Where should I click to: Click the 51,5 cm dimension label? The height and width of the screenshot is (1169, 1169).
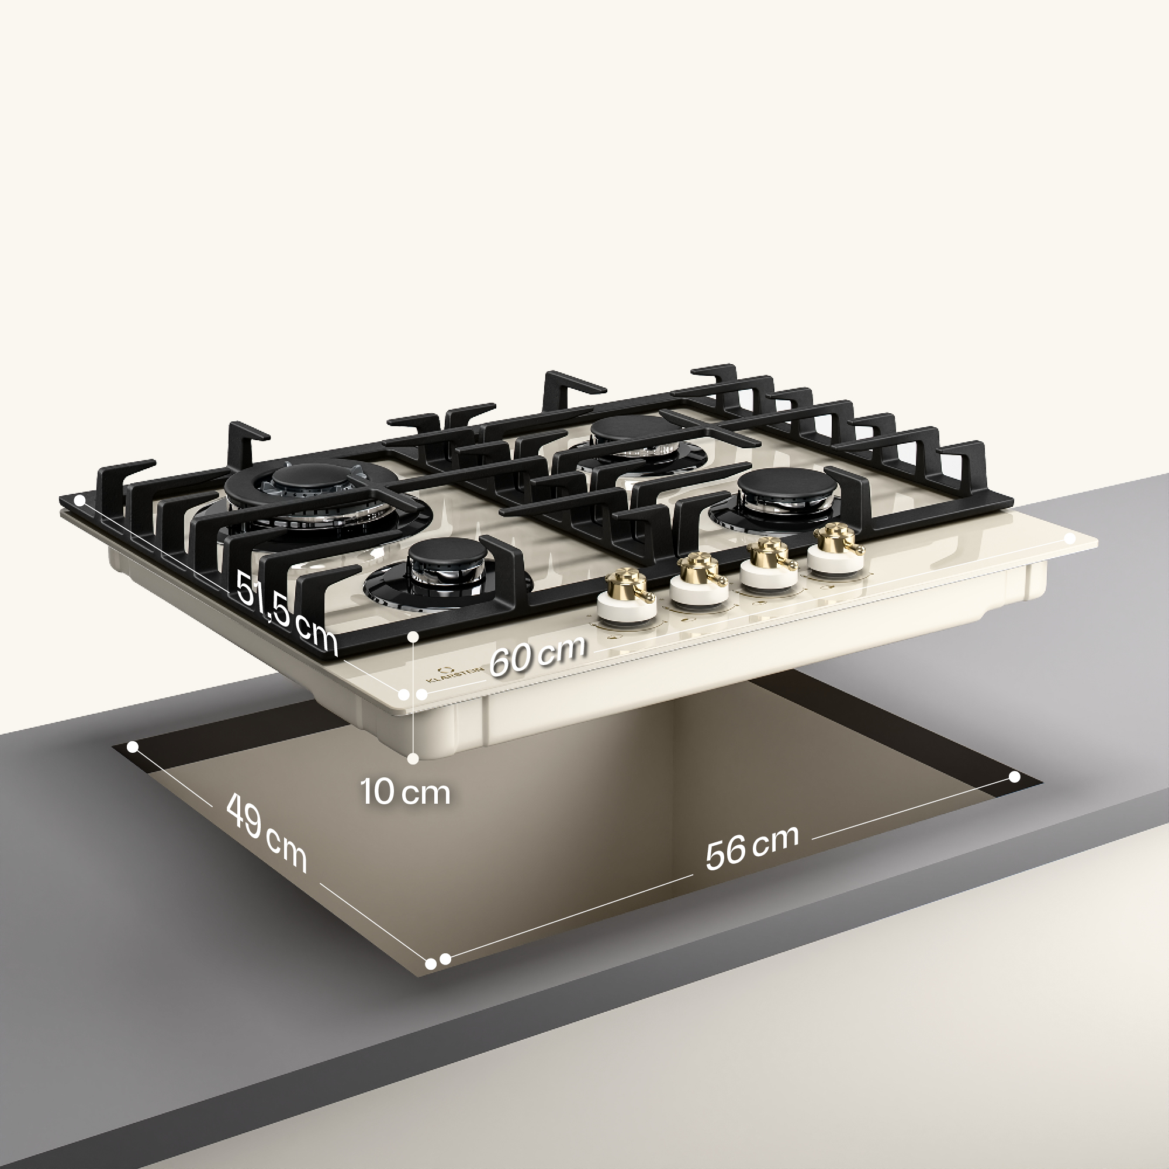(x=286, y=613)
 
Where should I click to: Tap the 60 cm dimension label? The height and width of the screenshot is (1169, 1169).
(x=537, y=655)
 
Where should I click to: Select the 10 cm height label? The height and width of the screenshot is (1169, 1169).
(x=406, y=792)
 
